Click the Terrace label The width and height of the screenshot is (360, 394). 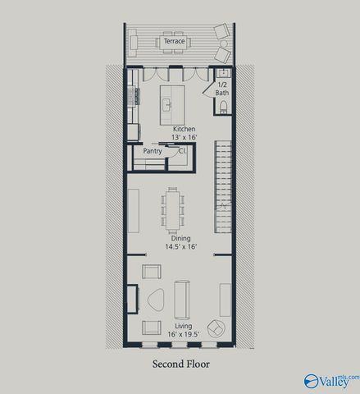[x=174, y=40]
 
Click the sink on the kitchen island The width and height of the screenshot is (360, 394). [x=166, y=104]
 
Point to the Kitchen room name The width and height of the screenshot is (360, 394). [x=183, y=129]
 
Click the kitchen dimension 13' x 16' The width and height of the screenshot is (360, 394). [x=183, y=137]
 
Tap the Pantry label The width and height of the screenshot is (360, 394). [x=152, y=151]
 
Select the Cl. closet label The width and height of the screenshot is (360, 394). [x=181, y=151]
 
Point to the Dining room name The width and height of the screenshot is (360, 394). [x=181, y=238]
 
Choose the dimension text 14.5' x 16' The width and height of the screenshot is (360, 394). [x=181, y=246]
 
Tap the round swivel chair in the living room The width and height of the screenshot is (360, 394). [x=216, y=328]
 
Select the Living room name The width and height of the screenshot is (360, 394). [x=181, y=326]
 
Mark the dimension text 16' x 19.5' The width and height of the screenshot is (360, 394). [x=181, y=334]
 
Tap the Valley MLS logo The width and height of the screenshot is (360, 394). [x=330, y=381]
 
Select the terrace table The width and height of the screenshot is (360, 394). [x=174, y=41]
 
